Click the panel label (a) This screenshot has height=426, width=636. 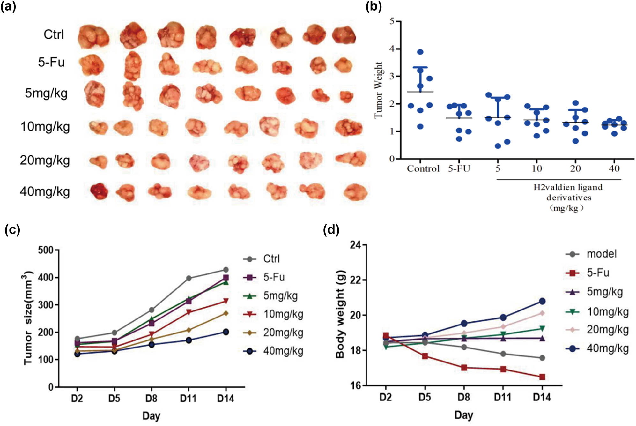point(8,6)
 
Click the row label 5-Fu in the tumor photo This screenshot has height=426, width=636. point(51,62)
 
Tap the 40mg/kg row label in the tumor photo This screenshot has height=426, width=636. point(45,191)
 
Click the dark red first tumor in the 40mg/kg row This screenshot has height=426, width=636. point(99,191)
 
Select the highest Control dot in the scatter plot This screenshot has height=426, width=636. point(420,52)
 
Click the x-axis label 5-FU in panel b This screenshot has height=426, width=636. point(459,168)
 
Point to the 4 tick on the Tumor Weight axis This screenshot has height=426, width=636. point(392,49)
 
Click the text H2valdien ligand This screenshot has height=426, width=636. point(568,187)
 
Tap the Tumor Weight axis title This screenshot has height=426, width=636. point(378,90)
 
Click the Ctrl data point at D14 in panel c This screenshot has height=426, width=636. point(226,270)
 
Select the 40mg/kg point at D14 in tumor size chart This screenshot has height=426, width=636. point(226,332)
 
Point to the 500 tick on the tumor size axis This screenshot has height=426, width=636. point(46,250)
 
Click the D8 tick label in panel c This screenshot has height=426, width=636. point(151,398)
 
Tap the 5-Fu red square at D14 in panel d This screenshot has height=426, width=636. point(542,377)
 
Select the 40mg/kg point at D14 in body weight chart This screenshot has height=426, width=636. point(542,301)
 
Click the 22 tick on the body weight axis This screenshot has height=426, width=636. point(355,280)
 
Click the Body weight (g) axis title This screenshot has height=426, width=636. point(340,314)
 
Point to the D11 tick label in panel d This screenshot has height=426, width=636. point(502,397)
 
